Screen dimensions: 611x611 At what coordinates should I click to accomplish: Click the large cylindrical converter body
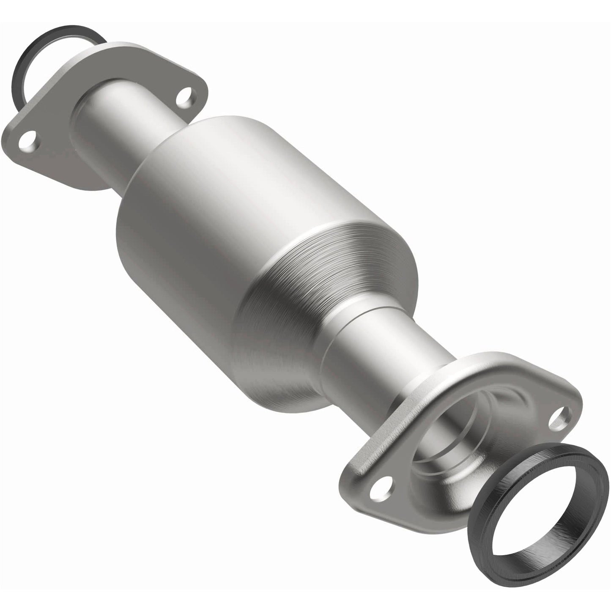[211, 211]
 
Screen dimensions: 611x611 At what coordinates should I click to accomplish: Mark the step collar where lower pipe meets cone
[338, 334]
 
